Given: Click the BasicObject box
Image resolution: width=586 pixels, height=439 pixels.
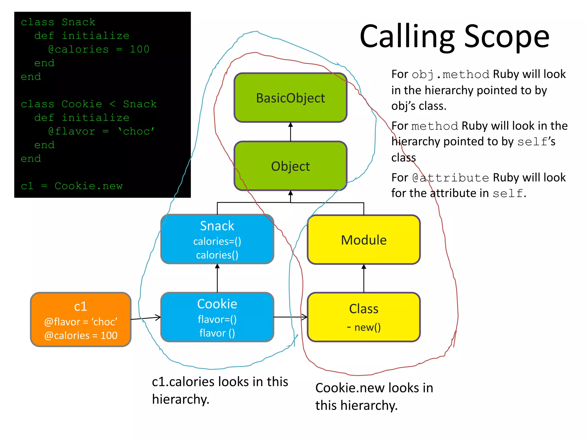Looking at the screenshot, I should pos(290,98).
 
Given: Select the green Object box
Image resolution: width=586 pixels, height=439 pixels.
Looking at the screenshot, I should pos(290,166).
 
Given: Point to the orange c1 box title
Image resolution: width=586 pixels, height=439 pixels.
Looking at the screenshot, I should pos(80,306).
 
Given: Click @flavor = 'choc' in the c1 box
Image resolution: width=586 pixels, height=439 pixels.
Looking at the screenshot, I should pos(81,322).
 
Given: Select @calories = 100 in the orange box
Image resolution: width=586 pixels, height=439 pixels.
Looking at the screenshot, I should pos(81,336).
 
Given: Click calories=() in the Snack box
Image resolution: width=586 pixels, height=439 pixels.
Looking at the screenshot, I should pos(217,242).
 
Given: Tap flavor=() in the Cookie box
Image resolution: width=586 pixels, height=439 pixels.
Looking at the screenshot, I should pos(217,320).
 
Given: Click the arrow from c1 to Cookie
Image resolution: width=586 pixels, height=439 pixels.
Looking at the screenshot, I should pos(146,318).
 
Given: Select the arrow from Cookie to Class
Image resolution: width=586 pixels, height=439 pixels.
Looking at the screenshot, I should pos(290,317).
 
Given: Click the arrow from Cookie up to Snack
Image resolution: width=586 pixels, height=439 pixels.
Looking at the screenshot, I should pos(217,278).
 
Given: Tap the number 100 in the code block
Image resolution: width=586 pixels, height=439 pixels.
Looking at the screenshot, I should pos(140,49).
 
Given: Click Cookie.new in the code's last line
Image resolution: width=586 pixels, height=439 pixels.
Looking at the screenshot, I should pos(88,186).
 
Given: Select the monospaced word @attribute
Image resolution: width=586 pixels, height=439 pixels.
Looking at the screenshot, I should pos(451,178).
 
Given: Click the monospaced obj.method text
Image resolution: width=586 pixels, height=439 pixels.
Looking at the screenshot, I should pos(450,75).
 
